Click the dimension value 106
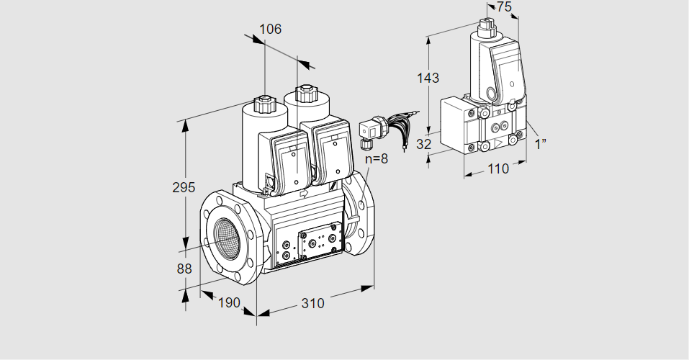point(270,30)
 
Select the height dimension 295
point(184,188)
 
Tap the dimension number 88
point(184,269)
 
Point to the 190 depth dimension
point(228,303)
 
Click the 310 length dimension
point(312,303)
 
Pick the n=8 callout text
point(376,158)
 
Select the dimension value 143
point(428,78)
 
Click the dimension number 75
point(504,7)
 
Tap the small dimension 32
point(424,144)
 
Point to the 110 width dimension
point(497,168)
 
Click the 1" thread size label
point(541,143)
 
